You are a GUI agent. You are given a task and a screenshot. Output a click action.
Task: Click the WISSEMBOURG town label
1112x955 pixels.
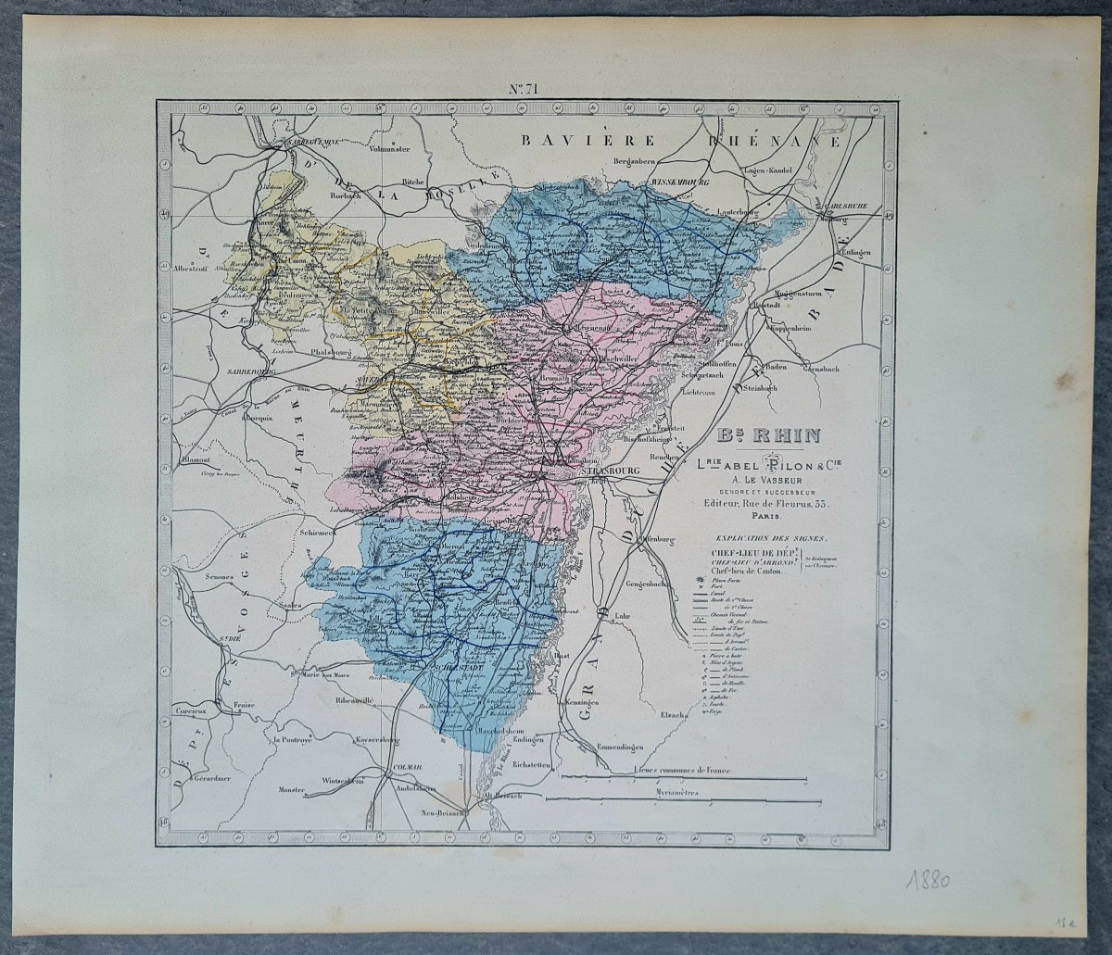point(681,183)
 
